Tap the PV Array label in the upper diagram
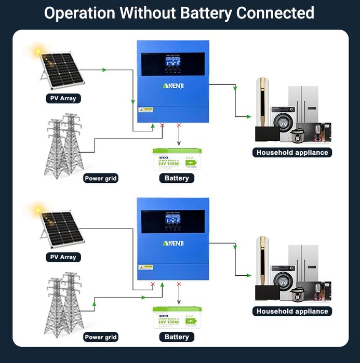[63, 98]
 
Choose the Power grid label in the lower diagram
[101, 337]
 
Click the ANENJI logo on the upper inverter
[173, 85]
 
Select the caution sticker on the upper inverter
[145, 110]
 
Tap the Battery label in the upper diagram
[177, 178]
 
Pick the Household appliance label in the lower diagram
[292, 311]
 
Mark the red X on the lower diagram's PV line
[152, 285]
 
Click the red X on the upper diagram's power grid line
[163, 126]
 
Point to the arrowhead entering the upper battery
[179, 144]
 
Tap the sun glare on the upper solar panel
[37, 51]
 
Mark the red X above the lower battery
[179, 285]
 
